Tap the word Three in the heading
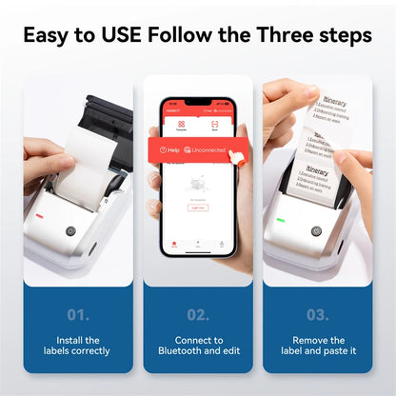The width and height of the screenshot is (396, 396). (x=287, y=36)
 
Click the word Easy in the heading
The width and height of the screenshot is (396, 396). (x=53, y=36)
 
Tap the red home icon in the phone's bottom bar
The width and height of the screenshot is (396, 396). (x=174, y=244)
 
